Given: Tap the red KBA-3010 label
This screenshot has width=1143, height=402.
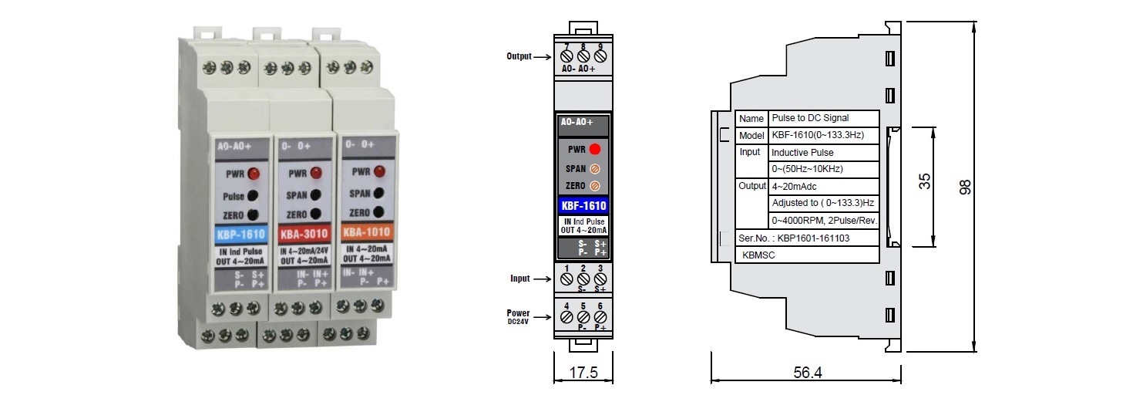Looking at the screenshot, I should (304, 234).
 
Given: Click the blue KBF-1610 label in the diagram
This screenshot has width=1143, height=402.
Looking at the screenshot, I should (583, 206).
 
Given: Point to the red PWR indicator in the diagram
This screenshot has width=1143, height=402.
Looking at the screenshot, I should (595, 149).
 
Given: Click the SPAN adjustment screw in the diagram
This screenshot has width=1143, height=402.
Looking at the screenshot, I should (594, 167).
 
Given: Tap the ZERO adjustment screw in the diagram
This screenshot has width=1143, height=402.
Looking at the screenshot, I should (594, 186).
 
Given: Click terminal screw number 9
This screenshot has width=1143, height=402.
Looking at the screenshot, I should (600, 56).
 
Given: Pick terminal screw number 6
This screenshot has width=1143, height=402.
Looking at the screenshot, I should (600, 316).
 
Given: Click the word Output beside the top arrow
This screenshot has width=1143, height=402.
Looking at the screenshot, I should (519, 56).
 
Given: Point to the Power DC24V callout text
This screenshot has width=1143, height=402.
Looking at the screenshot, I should (518, 316).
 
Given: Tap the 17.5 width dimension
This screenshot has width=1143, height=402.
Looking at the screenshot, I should (583, 373).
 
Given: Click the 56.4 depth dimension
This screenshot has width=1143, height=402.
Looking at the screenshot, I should (807, 373).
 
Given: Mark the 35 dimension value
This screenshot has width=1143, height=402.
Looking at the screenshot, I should (925, 181).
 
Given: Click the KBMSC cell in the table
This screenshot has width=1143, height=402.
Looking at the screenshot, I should (758, 255).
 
